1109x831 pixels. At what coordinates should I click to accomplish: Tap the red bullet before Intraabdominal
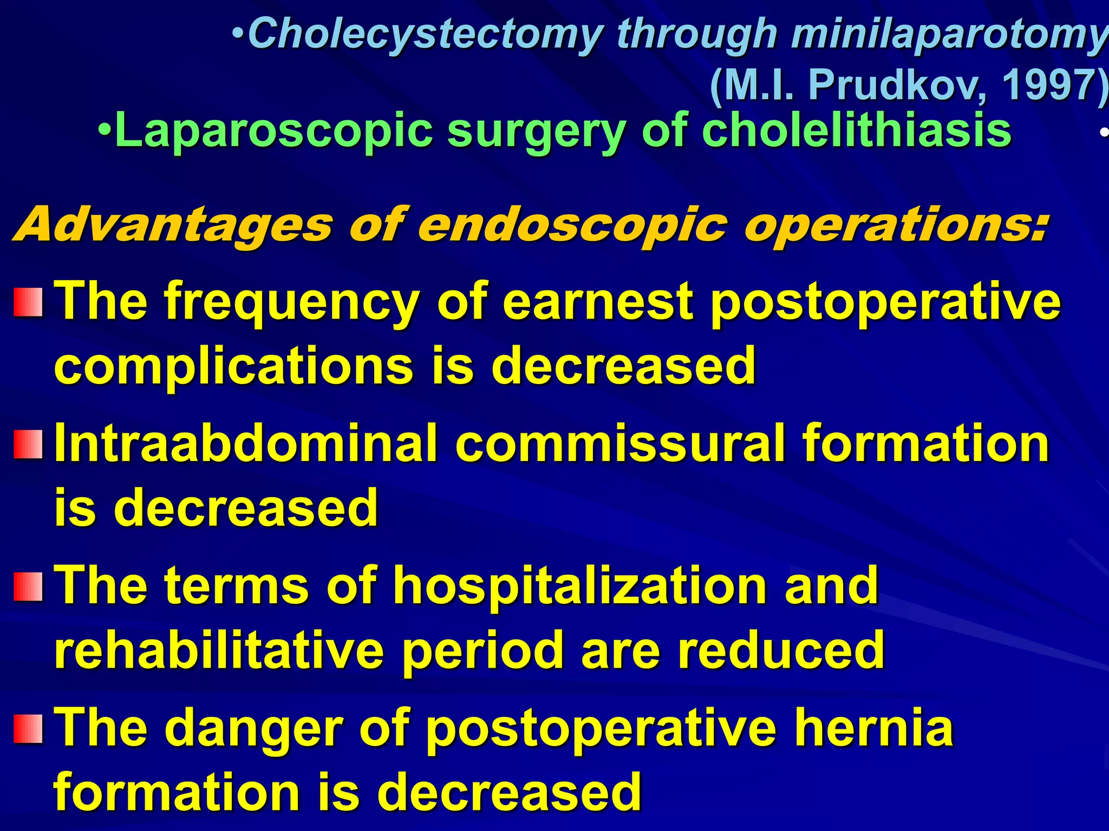(x=28, y=445)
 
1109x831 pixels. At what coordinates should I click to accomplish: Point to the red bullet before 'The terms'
(x=28, y=587)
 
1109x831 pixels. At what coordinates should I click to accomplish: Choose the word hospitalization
(x=579, y=586)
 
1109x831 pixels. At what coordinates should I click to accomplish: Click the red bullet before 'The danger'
(x=28, y=729)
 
